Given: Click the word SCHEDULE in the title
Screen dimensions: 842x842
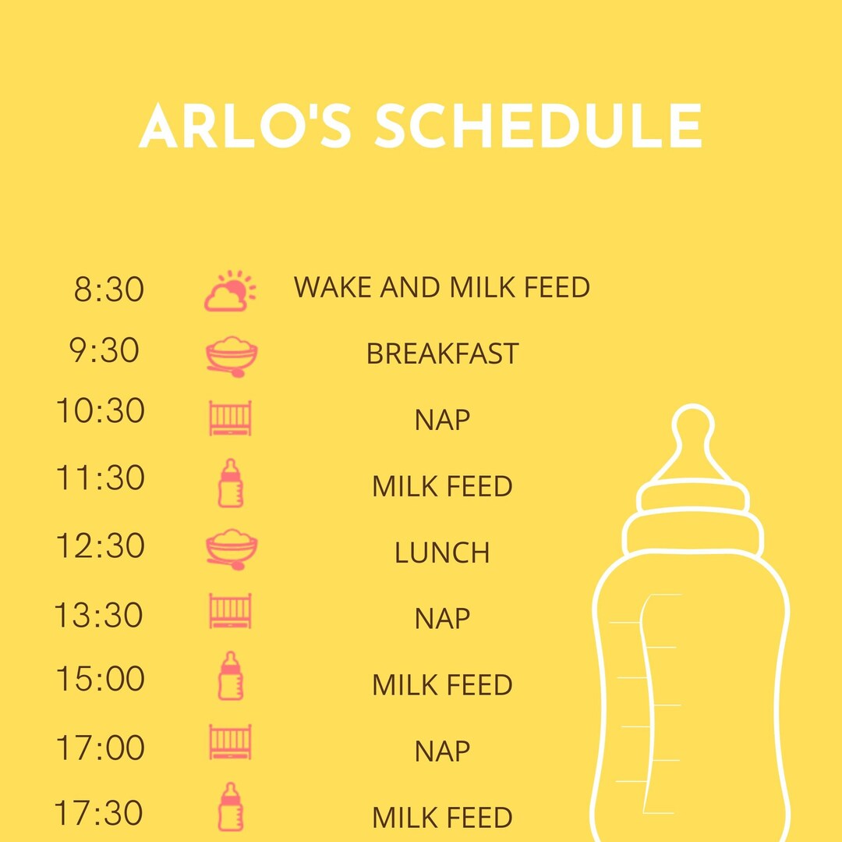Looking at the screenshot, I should tap(538, 126).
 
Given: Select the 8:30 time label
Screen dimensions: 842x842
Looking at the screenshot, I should tap(108, 290).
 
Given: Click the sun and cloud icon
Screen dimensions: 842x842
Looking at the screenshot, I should tap(230, 291).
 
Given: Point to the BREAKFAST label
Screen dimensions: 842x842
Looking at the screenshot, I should tap(442, 354).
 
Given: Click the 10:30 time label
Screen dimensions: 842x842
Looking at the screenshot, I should tap(100, 411).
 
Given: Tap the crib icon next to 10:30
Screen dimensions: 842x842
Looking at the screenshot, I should tap(230, 418).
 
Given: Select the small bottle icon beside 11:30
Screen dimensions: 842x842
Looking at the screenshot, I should tap(230, 483).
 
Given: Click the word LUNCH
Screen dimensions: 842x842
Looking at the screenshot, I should tap(442, 553).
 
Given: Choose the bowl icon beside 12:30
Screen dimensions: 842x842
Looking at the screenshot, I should tap(232, 549).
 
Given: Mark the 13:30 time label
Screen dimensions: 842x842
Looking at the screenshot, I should tap(99, 616).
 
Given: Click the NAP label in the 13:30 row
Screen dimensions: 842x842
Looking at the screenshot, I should tap(442, 619).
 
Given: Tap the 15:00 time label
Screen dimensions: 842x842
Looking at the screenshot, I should tap(100, 680).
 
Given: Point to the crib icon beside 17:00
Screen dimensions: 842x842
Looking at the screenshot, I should tap(230, 742).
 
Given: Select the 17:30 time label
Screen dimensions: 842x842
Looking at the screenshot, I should tap(99, 813).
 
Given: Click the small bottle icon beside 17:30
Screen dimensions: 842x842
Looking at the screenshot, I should tap(230, 807).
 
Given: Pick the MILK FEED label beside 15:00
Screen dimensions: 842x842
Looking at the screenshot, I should tap(442, 685).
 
